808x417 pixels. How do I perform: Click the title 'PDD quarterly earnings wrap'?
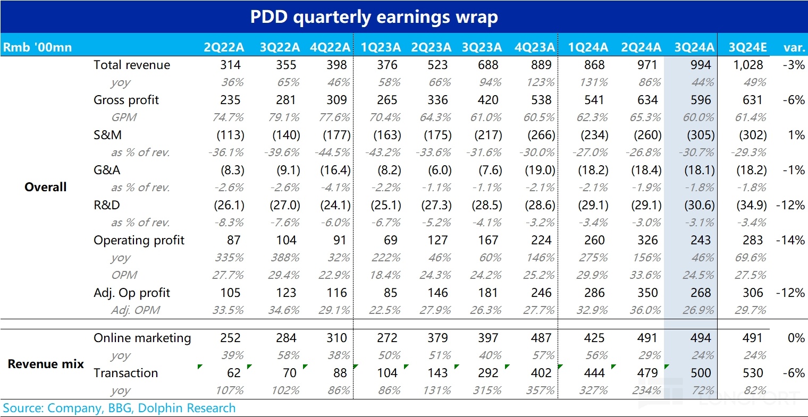click(374, 17)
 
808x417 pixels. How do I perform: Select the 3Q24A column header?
click(694, 47)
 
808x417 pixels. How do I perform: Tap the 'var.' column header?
click(794, 47)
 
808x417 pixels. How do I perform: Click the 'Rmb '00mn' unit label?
click(37, 47)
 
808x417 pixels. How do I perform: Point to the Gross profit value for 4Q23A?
click(541, 100)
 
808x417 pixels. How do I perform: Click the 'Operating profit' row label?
click(139, 240)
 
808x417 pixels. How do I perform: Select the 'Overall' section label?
click(46, 187)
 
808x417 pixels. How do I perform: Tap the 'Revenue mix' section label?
click(46, 364)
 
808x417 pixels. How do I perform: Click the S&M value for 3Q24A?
click(700, 135)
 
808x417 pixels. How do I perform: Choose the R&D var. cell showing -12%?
click(791, 205)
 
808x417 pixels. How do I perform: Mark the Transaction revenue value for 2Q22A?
click(233, 373)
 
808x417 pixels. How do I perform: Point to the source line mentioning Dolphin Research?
click(119, 408)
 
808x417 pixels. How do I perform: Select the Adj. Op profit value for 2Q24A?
click(647, 293)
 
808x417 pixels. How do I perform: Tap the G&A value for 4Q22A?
click(335, 170)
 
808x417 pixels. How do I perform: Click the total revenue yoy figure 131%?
click(593, 82)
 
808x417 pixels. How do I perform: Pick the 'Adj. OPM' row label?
click(135, 310)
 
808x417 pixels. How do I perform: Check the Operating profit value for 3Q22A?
click(286, 240)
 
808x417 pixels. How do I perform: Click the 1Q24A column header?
click(588, 47)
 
